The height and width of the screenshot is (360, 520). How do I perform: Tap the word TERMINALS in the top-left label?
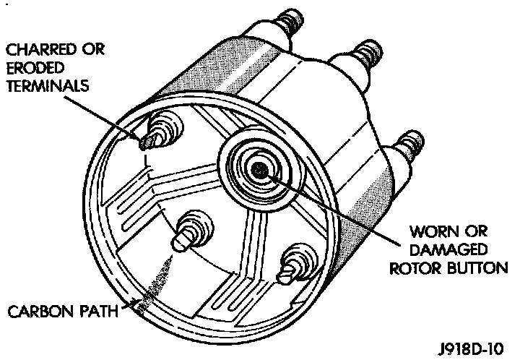click(48, 86)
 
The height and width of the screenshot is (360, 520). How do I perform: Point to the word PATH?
click(98, 312)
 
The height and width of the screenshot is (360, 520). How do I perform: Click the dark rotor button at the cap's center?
click(259, 169)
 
